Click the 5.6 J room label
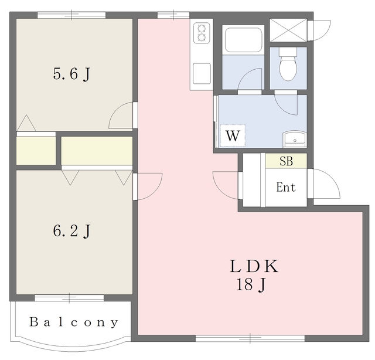click(71, 74)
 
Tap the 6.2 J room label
click(71, 231)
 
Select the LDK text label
click(254, 266)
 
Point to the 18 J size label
click(251, 285)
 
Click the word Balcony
click(74, 322)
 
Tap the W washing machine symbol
click(233, 135)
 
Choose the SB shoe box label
click(287, 161)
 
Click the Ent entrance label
click(286, 187)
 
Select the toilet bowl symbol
click(288, 64)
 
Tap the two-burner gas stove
click(202, 33)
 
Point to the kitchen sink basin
click(202, 73)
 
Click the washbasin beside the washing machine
click(295, 140)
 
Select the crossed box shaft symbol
click(288, 30)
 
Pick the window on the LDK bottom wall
click(250, 338)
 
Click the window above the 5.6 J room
click(71, 15)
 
